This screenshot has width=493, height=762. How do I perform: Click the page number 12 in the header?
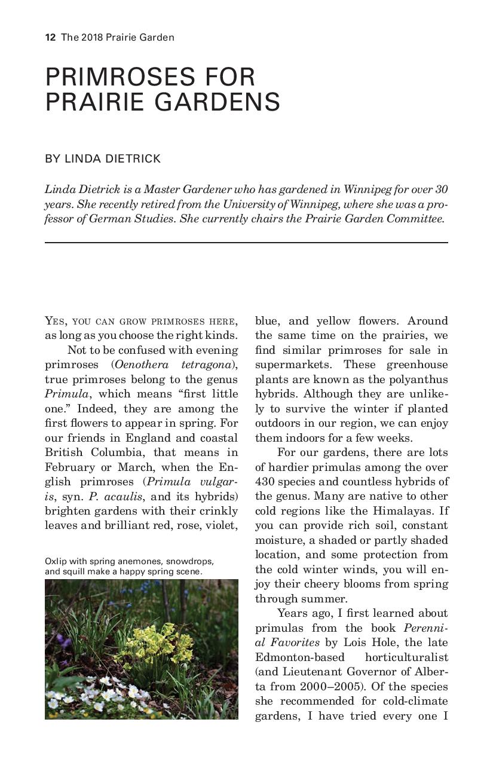click(50, 38)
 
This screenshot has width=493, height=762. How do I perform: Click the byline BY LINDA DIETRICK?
click(103, 159)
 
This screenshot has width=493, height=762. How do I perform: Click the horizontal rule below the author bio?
click(246, 243)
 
